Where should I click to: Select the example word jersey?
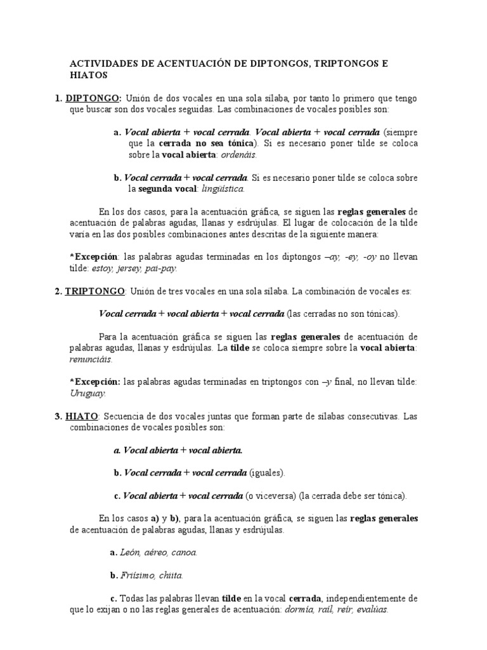[131, 269]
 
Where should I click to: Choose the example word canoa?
[185, 552]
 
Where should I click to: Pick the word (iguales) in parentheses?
[268, 473]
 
